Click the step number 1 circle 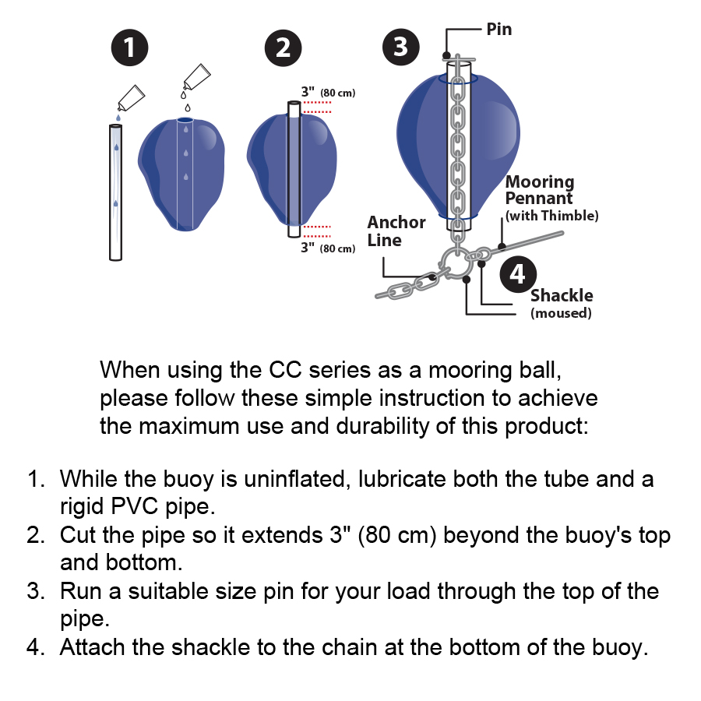point(129,48)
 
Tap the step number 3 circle point(400,47)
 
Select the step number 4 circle point(518,274)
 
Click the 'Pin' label point(499,30)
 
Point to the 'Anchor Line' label point(396,231)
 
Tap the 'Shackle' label point(562,296)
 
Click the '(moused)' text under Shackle point(561,313)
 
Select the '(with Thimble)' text point(552,216)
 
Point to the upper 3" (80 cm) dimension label point(327,93)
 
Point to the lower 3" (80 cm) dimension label point(327,248)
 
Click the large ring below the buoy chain point(454,263)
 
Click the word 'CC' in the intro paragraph point(285,368)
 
